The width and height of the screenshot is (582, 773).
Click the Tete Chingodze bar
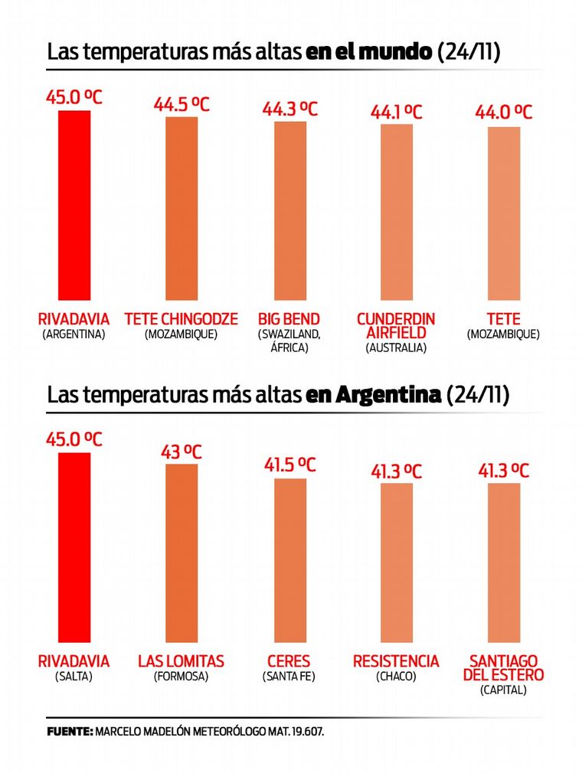click(181, 208)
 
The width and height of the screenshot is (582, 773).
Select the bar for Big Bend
click(290, 210)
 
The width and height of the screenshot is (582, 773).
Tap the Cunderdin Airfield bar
click(397, 212)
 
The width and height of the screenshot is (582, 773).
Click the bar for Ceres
click(290, 559)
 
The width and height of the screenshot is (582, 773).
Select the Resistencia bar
click(397, 562)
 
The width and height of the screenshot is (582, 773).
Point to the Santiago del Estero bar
click(504, 562)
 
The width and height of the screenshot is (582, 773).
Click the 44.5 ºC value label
click(181, 104)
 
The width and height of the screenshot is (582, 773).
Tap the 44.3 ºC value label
click(290, 109)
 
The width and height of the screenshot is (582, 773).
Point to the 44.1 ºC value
click(397, 112)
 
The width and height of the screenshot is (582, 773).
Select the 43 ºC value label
click(181, 452)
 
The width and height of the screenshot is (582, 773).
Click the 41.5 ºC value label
click(290, 465)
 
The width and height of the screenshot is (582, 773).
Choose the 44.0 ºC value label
click(504, 113)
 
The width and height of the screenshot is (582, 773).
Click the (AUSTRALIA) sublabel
click(396, 347)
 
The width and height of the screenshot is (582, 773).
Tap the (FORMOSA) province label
click(181, 677)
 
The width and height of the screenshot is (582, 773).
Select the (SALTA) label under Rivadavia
click(74, 677)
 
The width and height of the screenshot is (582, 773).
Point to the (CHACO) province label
click(396, 677)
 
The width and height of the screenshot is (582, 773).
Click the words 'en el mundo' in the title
click(368, 53)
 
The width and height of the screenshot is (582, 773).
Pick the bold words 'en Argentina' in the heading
click(373, 395)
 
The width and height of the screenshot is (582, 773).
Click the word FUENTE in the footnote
click(70, 732)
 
